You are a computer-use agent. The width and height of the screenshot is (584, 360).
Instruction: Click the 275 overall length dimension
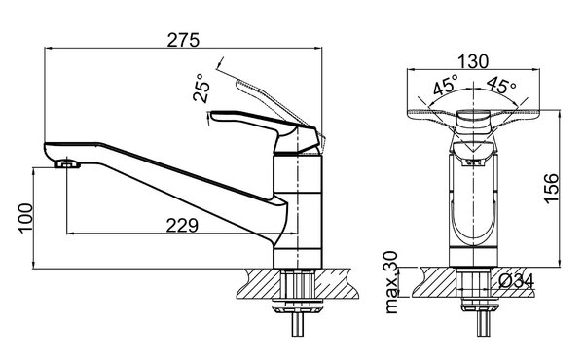pyautogui.click(x=183, y=40)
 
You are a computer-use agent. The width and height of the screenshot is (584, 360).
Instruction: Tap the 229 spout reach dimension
pyautogui.click(x=182, y=225)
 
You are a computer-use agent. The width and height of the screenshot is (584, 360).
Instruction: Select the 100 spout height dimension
pyautogui.click(x=25, y=218)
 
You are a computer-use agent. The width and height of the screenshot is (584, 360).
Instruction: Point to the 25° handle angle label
pyautogui.click(x=201, y=88)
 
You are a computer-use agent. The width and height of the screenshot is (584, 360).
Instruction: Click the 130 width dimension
pyautogui.click(x=473, y=62)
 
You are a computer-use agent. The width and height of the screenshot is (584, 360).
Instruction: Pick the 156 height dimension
pyautogui.click(x=552, y=189)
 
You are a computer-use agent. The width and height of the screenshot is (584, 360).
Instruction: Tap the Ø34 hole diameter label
pyautogui.click(x=517, y=281)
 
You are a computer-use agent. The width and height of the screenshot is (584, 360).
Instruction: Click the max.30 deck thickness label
pyautogui.click(x=391, y=282)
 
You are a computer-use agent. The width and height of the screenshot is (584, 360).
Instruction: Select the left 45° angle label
pyautogui.click(x=446, y=84)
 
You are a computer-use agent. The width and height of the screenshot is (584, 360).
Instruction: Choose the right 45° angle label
pyautogui.click(x=501, y=85)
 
